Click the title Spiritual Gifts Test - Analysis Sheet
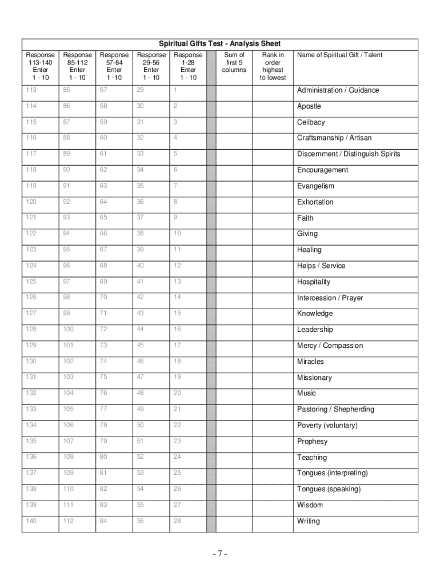coord(219,44)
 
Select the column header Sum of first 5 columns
coord(234,62)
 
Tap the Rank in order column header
coord(273,66)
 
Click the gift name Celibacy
coord(311,122)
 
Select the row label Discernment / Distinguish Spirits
coord(349,154)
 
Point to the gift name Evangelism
coord(315,186)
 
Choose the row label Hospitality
coord(314,282)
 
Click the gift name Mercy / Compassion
coord(330,346)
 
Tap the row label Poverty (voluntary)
coord(327,426)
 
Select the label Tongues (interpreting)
coord(332,473)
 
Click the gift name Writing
coord(309,521)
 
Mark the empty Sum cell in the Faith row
coord(234,218)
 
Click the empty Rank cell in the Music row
coord(273,393)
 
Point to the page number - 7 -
coord(220,554)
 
